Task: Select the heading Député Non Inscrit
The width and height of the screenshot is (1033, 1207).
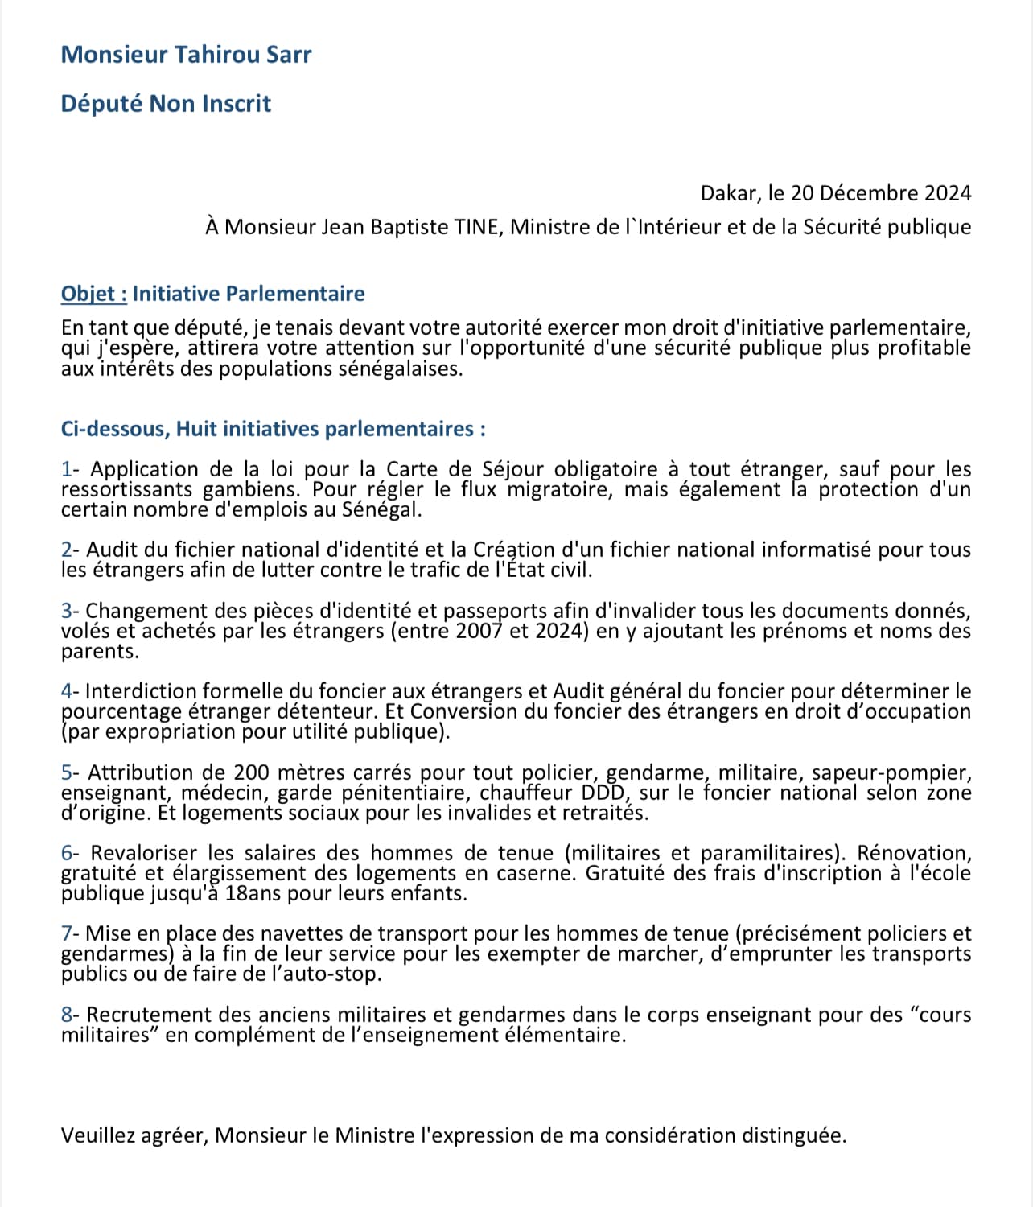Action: click(166, 104)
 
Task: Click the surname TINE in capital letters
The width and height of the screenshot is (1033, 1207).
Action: click(479, 227)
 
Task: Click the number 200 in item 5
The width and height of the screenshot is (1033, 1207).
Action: click(251, 772)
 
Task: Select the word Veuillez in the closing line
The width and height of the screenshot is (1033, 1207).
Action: click(97, 1135)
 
